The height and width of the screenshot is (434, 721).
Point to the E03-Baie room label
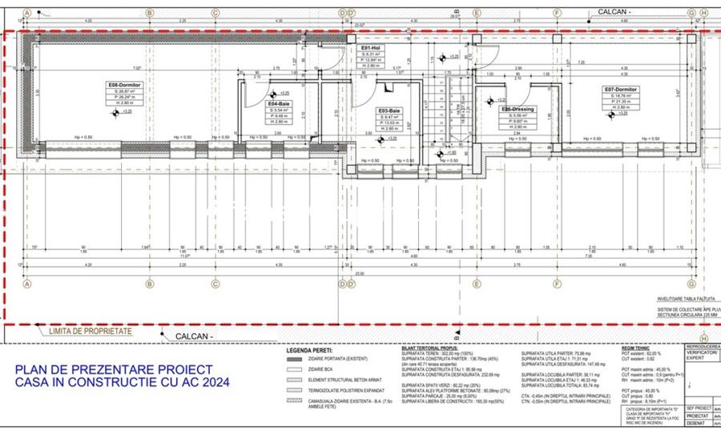pyautogui.click(x=389, y=110)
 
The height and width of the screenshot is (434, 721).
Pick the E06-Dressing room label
pyautogui.click(x=518, y=109)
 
